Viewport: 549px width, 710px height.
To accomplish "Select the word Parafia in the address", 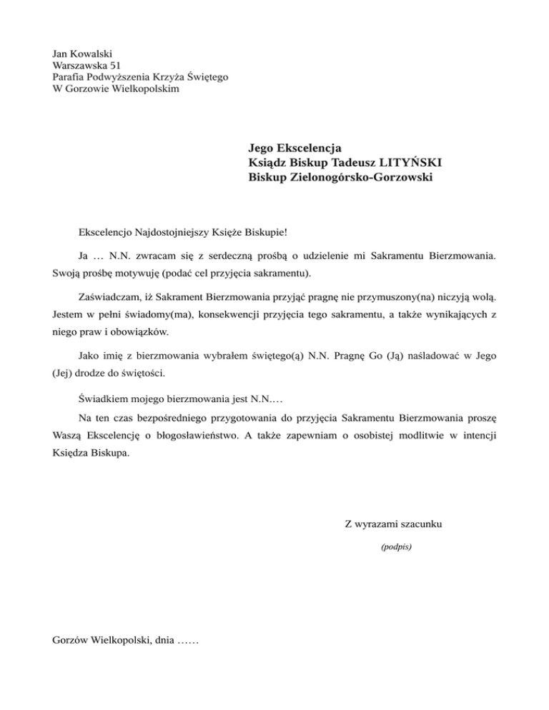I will point(69,77).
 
